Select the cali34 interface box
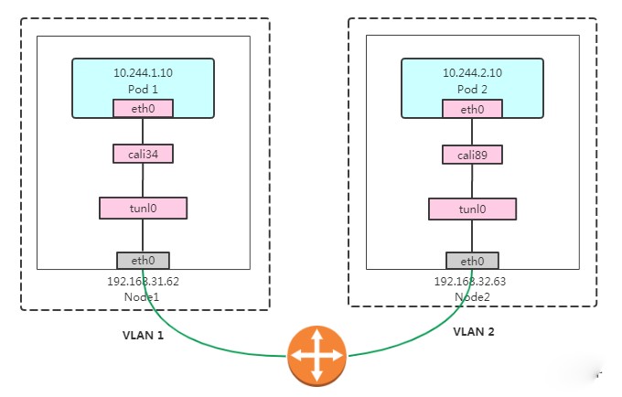click(143, 154)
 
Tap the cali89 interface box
click(472, 154)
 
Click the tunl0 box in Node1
click(143, 208)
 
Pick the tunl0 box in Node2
click(472, 209)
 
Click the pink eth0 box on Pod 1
click(143, 109)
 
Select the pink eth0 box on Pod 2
click(472, 109)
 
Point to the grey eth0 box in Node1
click(143, 261)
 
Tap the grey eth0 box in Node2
click(472, 261)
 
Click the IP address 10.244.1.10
click(143, 72)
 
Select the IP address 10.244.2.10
click(472, 72)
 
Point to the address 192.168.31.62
click(143, 282)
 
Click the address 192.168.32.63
click(472, 282)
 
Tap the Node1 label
click(143, 296)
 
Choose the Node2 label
click(472, 296)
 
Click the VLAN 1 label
click(143, 335)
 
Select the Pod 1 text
click(143, 87)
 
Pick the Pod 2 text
click(472, 87)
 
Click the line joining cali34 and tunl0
click(143, 180)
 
